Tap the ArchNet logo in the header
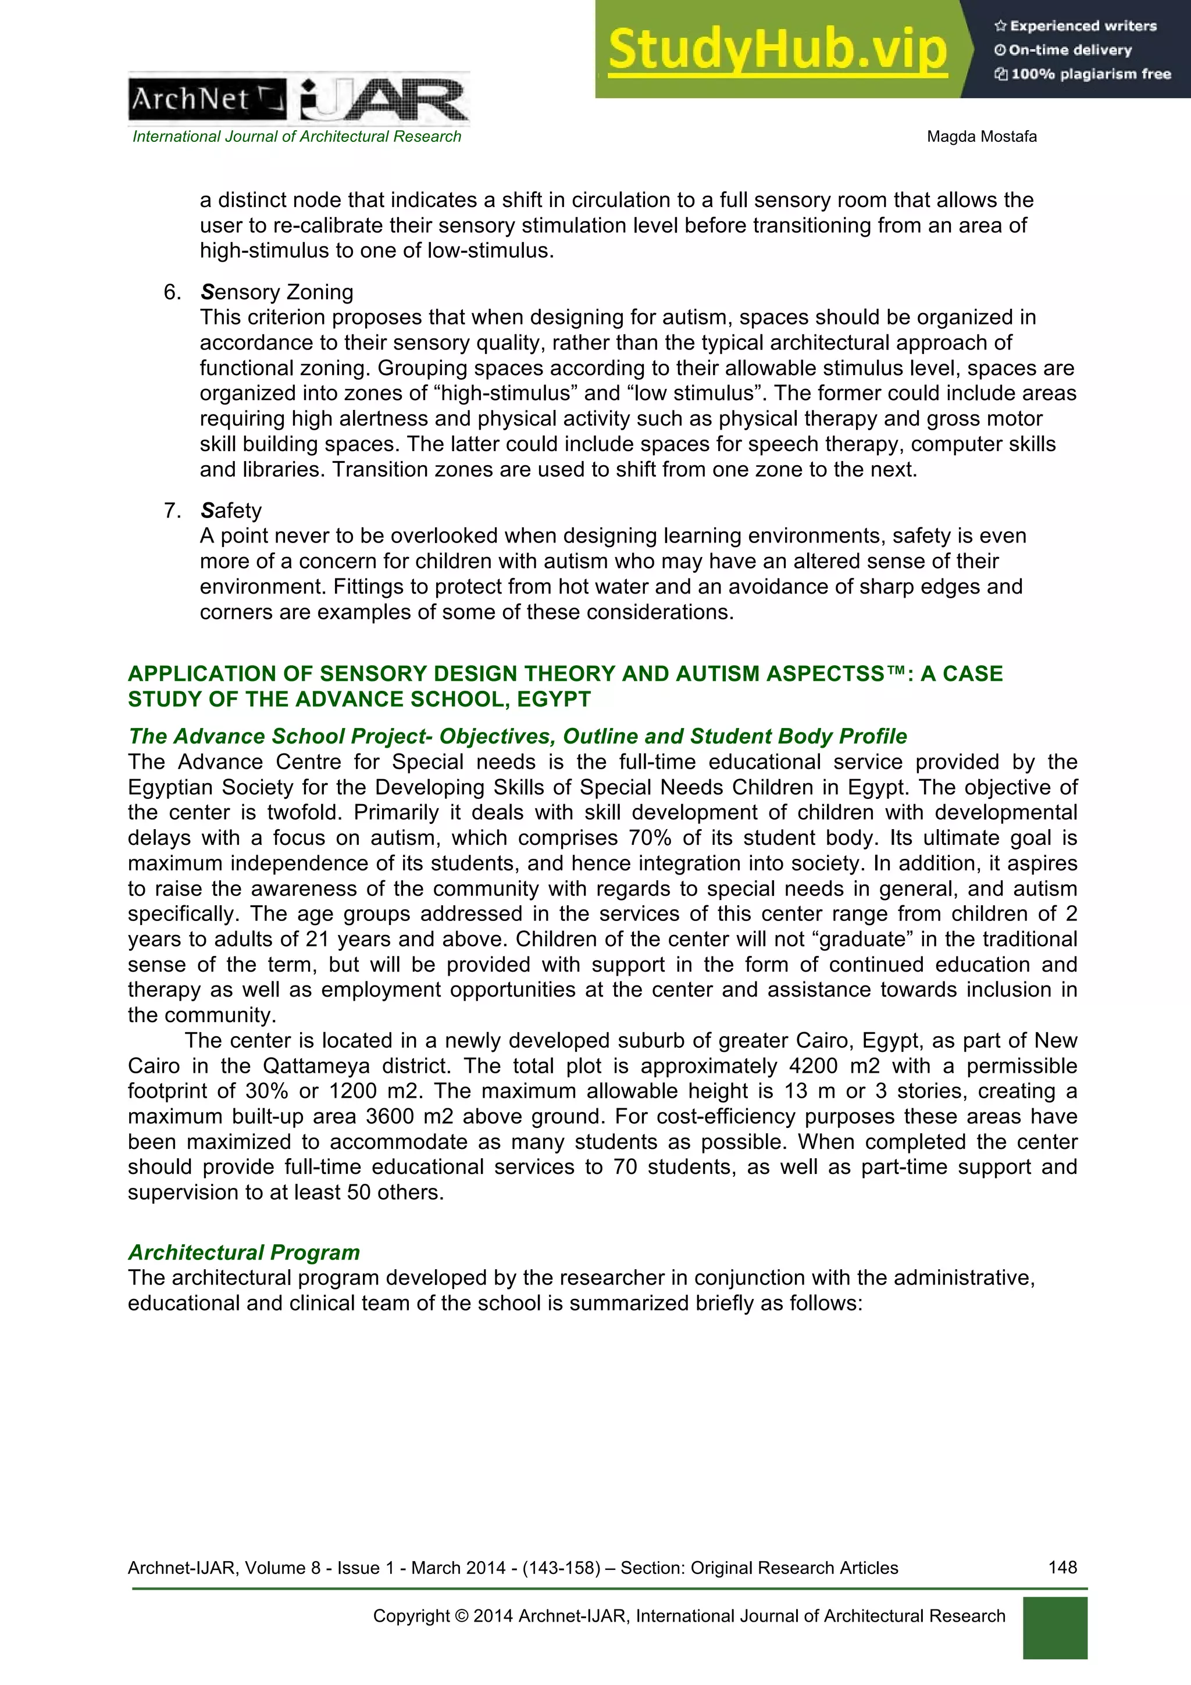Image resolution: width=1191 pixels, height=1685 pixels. (x=208, y=99)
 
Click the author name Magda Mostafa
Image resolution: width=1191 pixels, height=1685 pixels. (x=981, y=137)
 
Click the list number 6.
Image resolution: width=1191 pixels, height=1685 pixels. (x=171, y=292)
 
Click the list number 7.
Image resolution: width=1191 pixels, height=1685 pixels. (x=171, y=511)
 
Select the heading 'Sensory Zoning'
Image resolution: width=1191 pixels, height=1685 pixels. (x=277, y=292)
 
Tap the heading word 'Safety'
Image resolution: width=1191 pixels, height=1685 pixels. (x=230, y=511)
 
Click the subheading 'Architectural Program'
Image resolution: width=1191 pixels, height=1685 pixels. (x=244, y=1252)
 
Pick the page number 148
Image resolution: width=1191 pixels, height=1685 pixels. (x=1062, y=1568)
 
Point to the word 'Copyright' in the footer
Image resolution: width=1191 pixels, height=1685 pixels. (x=411, y=1616)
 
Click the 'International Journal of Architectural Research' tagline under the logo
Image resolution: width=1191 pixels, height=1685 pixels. (x=297, y=137)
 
